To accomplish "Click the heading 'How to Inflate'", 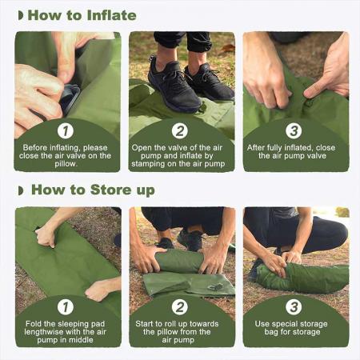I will click(82, 15).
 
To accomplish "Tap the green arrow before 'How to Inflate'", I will click(21, 15).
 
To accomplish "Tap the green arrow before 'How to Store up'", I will click(21, 190).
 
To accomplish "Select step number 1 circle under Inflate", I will click(67, 130).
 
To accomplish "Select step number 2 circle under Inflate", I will click(180, 130).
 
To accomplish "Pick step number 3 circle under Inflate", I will click(295, 130).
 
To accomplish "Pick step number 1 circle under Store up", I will click(67, 305).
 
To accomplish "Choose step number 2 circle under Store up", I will click(180, 305).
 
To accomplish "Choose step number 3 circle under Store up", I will click(295, 305).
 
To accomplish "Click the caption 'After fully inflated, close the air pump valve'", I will click(295, 153).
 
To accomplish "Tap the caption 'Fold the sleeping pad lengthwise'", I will click(67, 332).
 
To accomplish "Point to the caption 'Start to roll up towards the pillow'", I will click(181, 332).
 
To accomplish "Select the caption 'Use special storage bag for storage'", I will click(295, 327).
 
